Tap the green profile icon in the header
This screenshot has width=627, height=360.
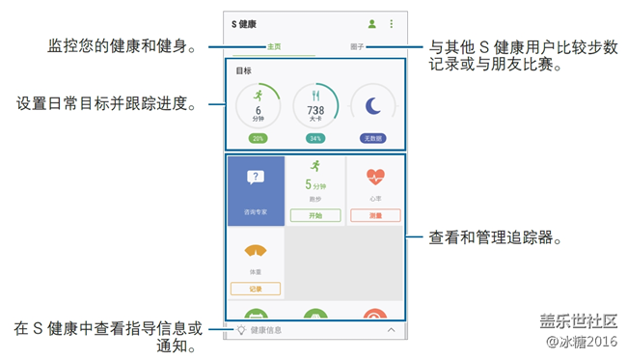(372, 24)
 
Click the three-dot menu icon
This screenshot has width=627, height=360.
(392, 24)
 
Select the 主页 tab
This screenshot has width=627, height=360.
(273, 46)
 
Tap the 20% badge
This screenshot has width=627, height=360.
(258, 138)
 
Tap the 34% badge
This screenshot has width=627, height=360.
(315, 138)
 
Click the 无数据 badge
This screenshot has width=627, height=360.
(373, 138)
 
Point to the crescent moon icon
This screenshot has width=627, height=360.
(372, 106)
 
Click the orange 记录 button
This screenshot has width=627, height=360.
(256, 289)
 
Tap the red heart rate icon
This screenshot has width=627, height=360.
(375, 178)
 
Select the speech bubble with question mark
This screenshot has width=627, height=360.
(256, 177)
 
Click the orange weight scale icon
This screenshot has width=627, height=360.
(256, 250)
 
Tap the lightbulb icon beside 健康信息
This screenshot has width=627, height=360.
(241, 330)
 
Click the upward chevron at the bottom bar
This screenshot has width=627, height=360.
(391, 330)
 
